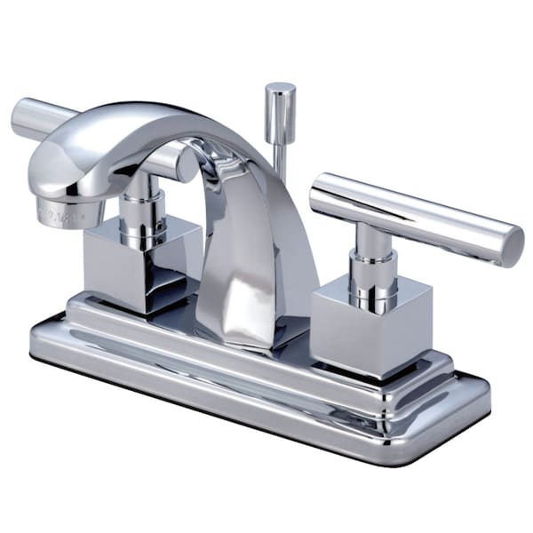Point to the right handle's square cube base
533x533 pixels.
coord(355,316)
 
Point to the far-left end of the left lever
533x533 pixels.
coord(21,115)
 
